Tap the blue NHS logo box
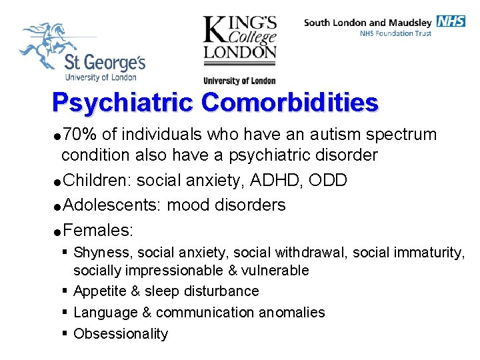451,21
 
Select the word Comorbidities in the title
289,103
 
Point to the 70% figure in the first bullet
79,135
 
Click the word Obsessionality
121,334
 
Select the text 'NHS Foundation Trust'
395,33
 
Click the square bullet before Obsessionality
63,333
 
